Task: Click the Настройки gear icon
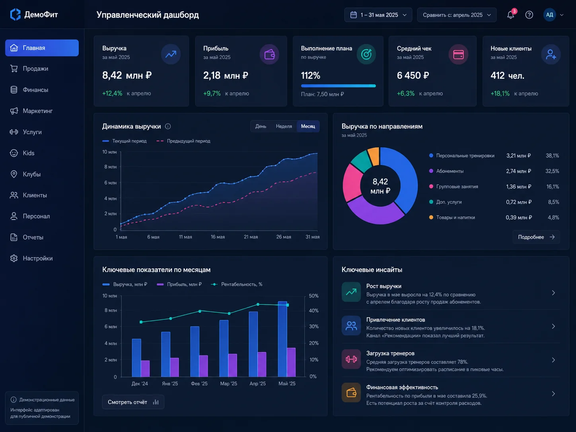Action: pos(14,258)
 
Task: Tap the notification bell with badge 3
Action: pos(511,15)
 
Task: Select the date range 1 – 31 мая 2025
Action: pos(378,15)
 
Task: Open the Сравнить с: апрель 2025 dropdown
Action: pos(457,15)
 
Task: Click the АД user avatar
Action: pos(549,15)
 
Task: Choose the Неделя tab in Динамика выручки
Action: pos(284,126)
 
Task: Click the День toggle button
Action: pos(261,126)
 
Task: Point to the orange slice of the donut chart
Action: pos(374,156)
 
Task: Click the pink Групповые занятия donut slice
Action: pos(352,182)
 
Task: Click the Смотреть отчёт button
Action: pos(133,402)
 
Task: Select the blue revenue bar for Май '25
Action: pos(282,339)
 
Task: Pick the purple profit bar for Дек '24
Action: pos(145,368)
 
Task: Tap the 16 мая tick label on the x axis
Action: pos(218,237)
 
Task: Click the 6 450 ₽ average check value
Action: pos(413,76)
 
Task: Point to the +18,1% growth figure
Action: pos(500,93)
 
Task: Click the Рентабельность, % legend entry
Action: pos(237,284)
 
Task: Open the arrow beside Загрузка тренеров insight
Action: pos(553,360)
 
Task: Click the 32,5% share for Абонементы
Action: pos(552,171)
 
